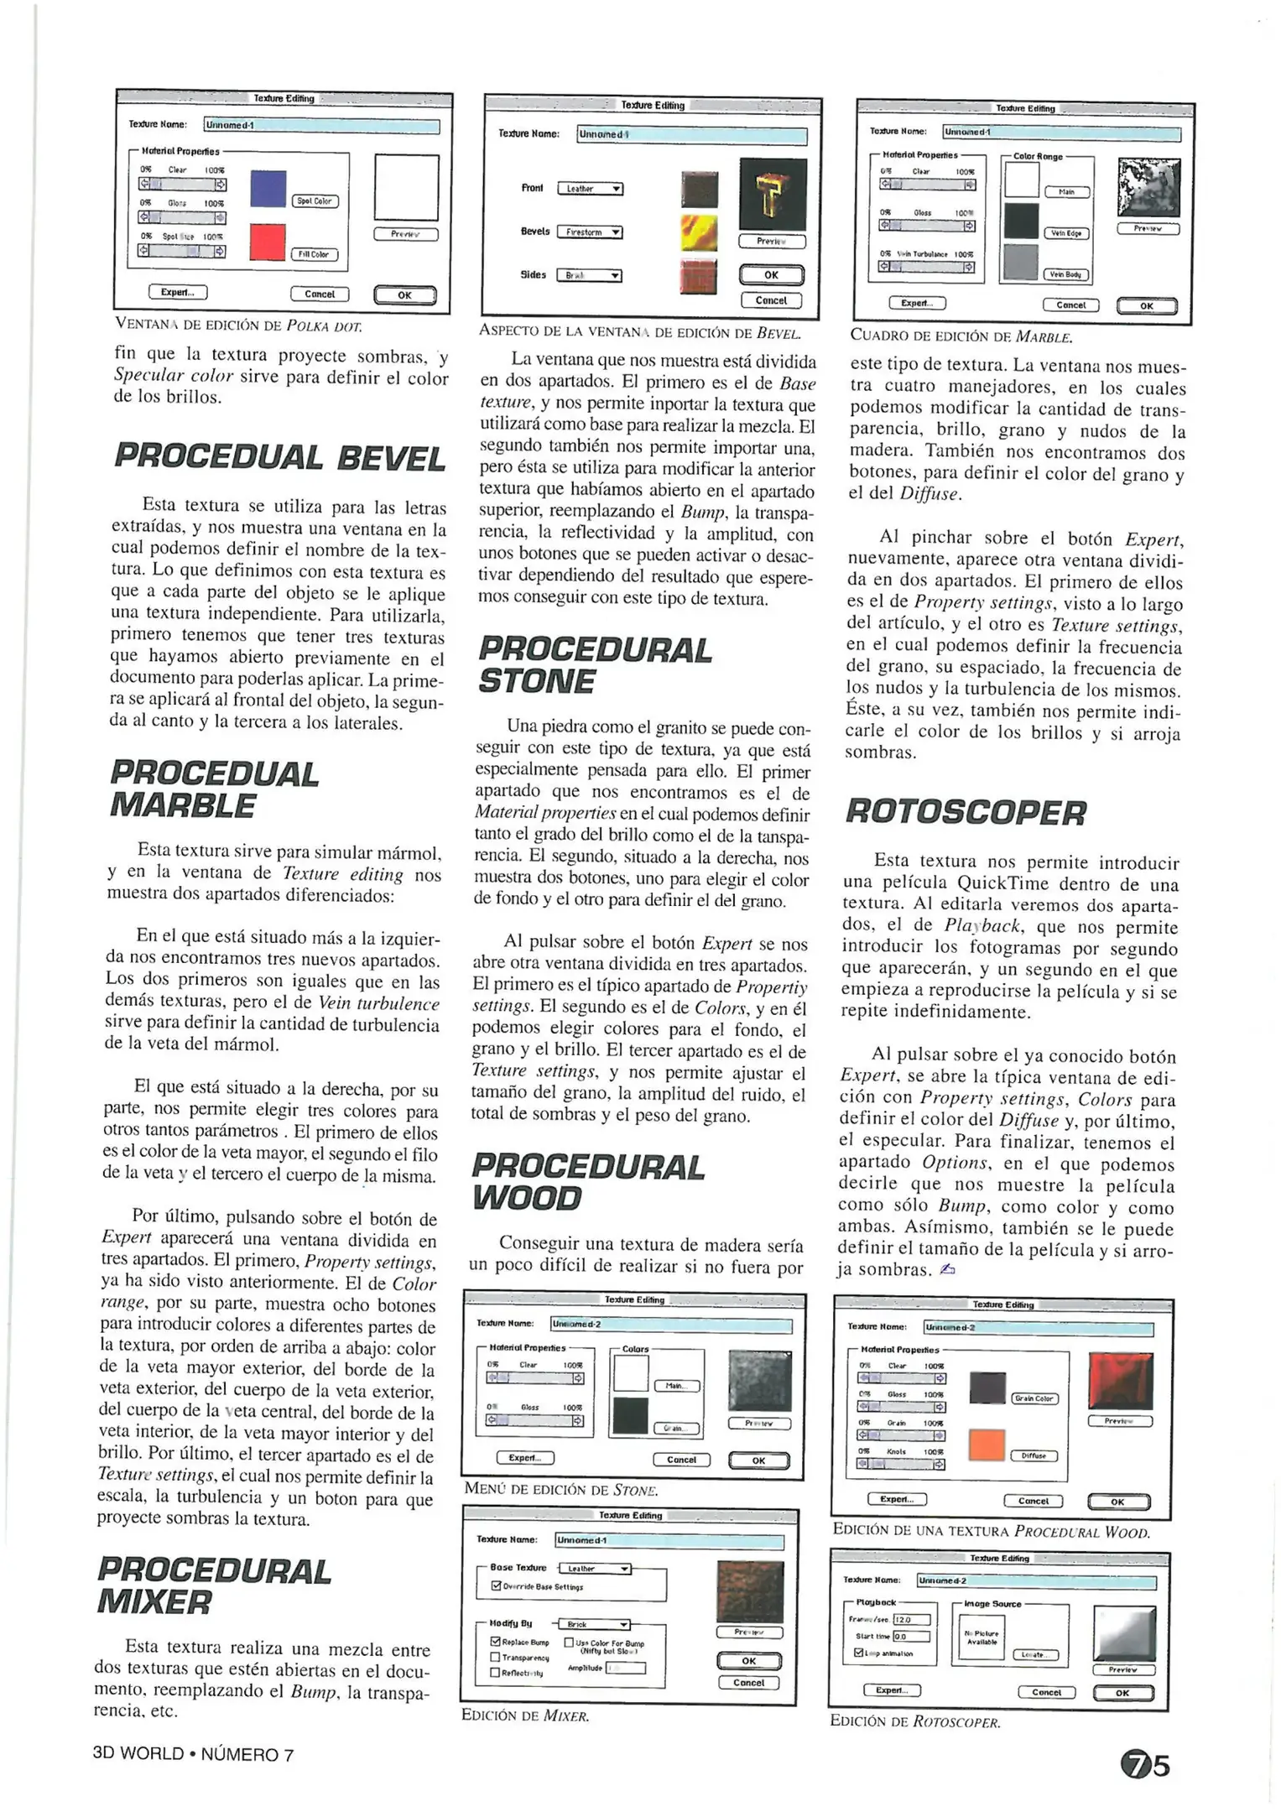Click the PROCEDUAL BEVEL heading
(x=279, y=458)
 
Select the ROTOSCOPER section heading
(x=966, y=812)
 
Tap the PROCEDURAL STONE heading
(x=594, y=665)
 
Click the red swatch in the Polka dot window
(x=268, y=242)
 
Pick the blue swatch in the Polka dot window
(x=268, y=189)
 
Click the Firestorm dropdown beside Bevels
(x=590, y=232)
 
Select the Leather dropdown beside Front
(x=590, y=190)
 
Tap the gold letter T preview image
(x=773, y=195)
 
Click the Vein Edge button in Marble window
(x=1066, y=233)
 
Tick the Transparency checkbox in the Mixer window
(x=495, y=1657)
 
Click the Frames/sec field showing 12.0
(x=912, y=1620)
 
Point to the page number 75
(x=1145, y=1766)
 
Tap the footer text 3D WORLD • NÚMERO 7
(x=193, y=1754)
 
